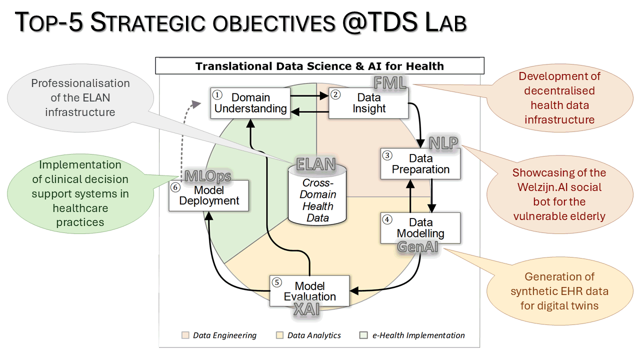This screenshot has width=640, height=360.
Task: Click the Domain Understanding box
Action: point(250,103)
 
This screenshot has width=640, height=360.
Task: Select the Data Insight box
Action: point(368,103)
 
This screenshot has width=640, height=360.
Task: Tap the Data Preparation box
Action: point(420,164)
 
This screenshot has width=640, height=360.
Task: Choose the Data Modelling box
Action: point(420,227)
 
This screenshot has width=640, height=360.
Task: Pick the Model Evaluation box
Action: point(309,291)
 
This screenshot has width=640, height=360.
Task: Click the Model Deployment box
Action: point(209,195)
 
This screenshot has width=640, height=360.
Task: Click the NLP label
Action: point(443,142)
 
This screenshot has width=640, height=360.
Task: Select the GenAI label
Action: point(418,246)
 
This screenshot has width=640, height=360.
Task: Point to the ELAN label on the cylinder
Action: point(316,164)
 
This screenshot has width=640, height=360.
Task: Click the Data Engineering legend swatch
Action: point(185,335)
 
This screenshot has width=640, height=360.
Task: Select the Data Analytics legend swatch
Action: point(279,335)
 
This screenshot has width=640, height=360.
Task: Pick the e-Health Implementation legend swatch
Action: point(363,335)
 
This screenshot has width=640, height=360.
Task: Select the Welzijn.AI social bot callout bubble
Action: point(558,194)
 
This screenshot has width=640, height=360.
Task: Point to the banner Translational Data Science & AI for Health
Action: point(319,66)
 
